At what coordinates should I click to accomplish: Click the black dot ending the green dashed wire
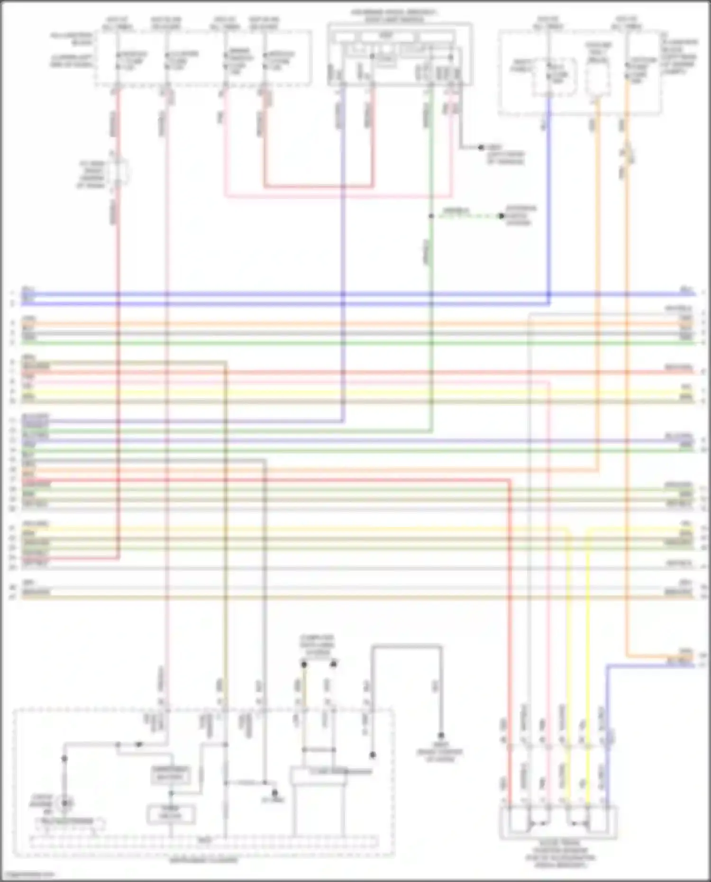pos(501,216)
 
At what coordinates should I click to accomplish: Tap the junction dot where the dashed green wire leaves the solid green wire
pos(431,216)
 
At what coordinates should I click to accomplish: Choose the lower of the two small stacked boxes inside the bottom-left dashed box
pos(171,815)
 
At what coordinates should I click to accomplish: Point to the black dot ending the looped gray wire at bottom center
pos(440,736)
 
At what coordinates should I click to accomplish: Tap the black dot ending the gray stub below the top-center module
pos(481,148)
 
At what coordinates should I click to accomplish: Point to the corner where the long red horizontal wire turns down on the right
pos(510,480)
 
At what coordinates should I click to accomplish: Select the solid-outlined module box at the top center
pos(400,55)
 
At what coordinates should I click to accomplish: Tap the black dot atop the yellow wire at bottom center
pos(304,664)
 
